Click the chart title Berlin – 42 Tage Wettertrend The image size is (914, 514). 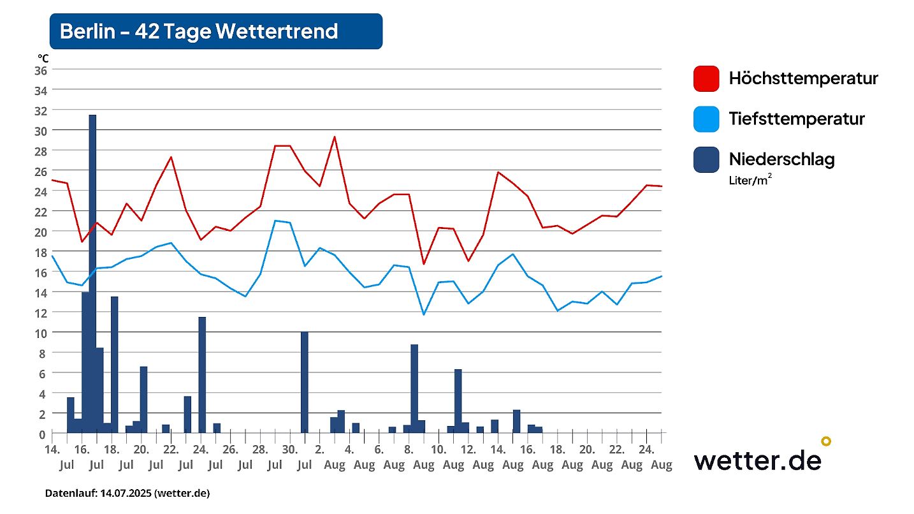coord(199,31)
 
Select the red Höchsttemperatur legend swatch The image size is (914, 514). coord(706,78)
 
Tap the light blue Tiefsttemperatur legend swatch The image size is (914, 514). coord(706,119)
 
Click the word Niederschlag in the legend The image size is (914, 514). coord(781,159)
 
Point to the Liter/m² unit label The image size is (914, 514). coord(751,180)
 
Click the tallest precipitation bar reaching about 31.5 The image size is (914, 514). coord(92,274)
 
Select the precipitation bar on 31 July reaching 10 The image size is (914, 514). coord(305,383)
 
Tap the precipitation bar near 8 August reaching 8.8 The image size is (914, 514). coord(414,389)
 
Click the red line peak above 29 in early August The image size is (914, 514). coord(334,136)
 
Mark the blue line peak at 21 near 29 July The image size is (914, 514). coord(275,221)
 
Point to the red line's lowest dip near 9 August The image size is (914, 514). coord(423,264)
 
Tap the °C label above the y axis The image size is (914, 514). coord(43,58)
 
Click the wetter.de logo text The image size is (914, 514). coord(757,459)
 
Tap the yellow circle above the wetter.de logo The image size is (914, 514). coord(826,441)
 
